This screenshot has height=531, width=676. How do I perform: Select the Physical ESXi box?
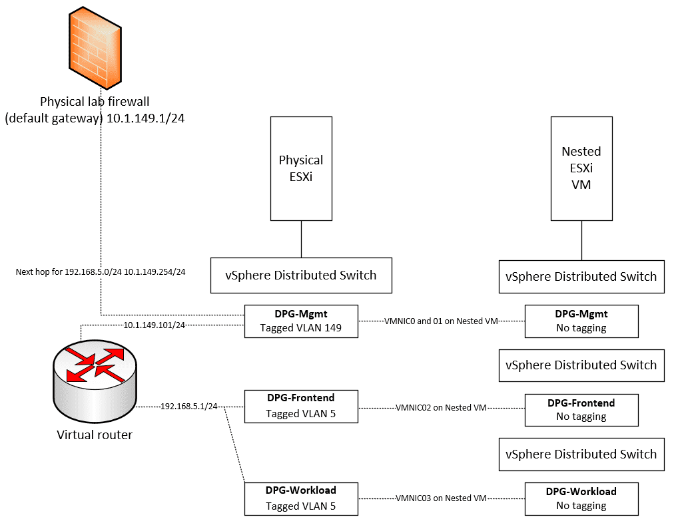tap(301, 168)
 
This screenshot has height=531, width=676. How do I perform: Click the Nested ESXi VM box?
tap(581, 168)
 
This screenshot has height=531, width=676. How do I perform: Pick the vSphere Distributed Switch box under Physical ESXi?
tap(301, 275)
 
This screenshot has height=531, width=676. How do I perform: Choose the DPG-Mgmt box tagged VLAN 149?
tap(301, 321)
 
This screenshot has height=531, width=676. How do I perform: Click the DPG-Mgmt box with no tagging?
tap(581, 321)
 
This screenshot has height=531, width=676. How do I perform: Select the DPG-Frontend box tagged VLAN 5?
tap(301, 406)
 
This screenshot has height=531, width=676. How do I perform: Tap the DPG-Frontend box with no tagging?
tap(581, 410)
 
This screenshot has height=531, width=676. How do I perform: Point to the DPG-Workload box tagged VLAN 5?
tap(301, 498)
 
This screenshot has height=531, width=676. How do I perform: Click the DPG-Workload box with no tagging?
tap(581, 498)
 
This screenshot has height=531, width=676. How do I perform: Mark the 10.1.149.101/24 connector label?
tap(155, 325)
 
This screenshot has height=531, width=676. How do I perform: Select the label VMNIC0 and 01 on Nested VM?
tap(442, 321)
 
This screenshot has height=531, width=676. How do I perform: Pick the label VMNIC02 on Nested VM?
tap(442, 407)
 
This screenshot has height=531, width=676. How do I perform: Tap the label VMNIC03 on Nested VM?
tap(442, 498)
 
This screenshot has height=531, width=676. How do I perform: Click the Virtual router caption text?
tap(95, 435)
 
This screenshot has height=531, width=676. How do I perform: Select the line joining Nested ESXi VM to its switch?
tap(581, 240)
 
